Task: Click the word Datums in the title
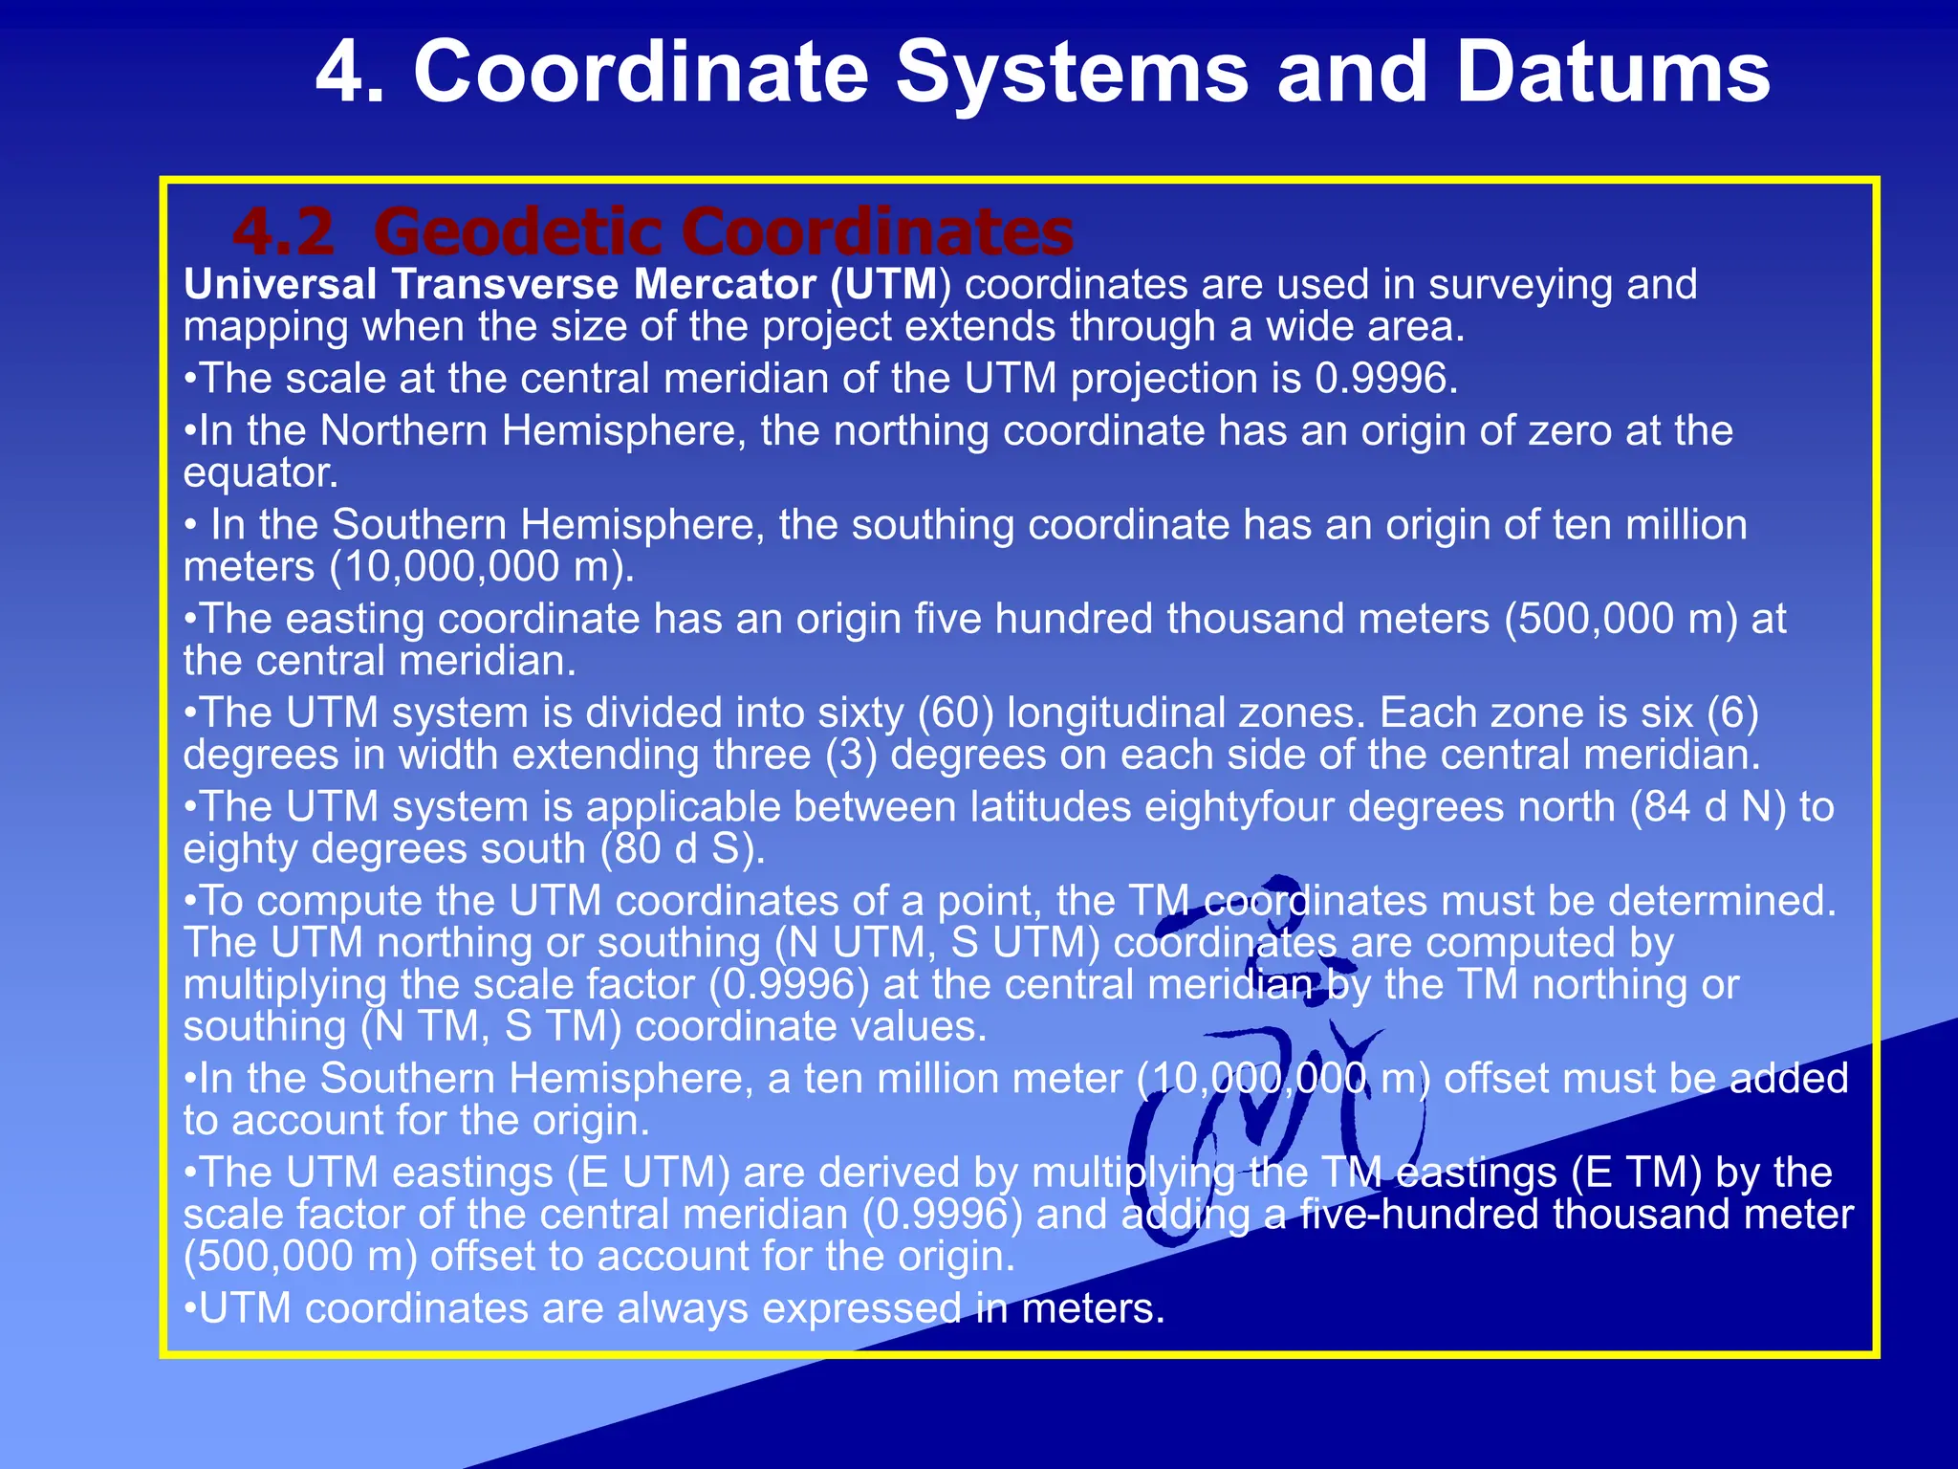[1613, 73]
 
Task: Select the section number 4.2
[284, 232]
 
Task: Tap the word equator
[260, 473]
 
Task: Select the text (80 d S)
[684, 849]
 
